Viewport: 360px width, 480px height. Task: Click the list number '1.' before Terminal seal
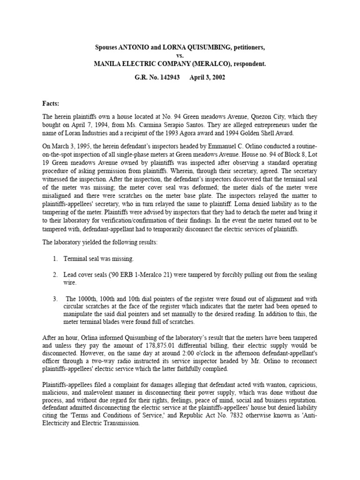55,258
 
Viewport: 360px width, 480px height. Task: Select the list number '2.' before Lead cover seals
55,274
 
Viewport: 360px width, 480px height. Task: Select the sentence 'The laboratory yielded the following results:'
100,243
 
